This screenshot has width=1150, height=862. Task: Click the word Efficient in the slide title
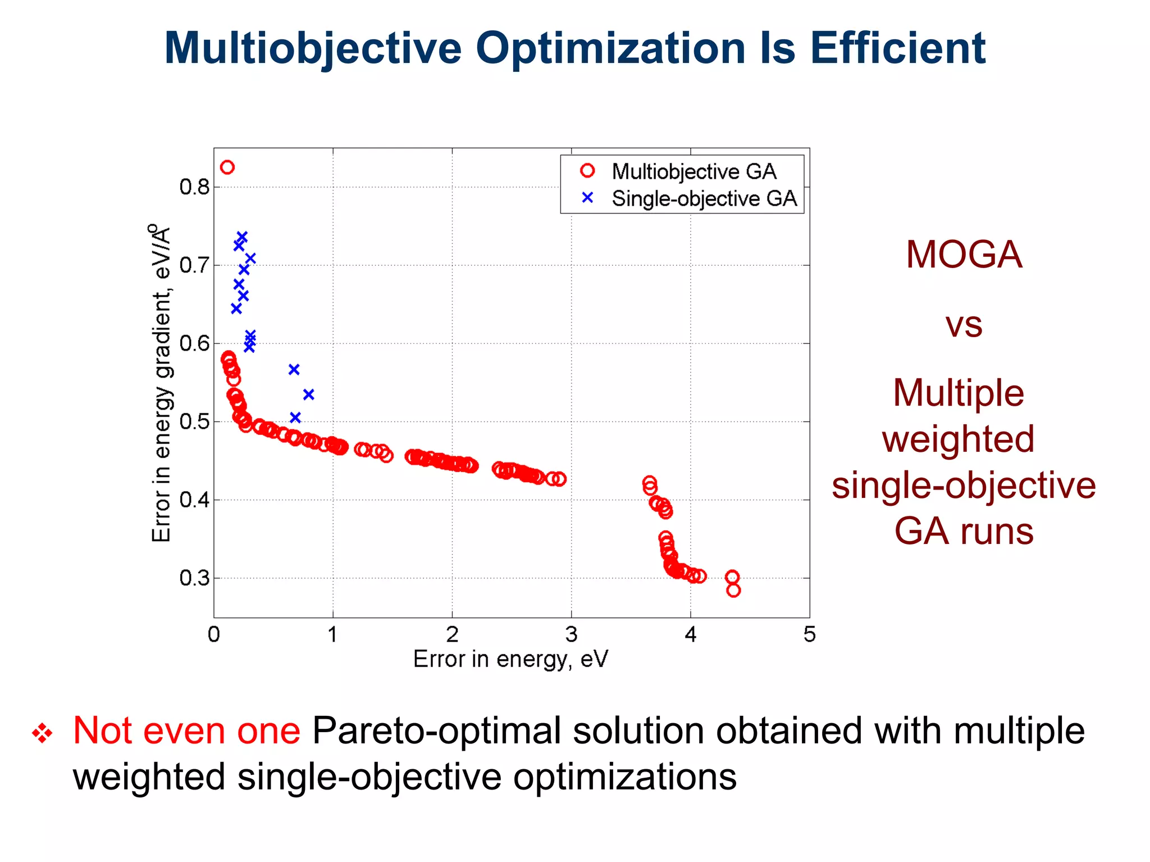pos(897,48)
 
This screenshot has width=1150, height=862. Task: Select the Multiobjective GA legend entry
pos(693,171)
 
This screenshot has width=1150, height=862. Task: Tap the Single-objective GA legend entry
pos(704,198)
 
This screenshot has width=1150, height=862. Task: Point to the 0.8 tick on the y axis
pos(194,187)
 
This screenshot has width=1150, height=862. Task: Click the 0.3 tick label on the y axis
pos(194,578)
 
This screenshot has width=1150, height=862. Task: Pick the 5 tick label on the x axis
pos(809,634)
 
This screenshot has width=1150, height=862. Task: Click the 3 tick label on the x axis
pos(571,634)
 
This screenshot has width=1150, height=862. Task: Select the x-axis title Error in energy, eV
pos(510,659)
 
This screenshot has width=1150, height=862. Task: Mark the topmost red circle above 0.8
pos(227,167)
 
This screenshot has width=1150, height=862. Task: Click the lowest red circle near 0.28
pos(733,590)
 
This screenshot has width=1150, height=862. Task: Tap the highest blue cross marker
pos(242,237)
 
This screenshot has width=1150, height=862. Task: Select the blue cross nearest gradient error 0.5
pos(295,417)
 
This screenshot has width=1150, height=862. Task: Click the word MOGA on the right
pos(964,255)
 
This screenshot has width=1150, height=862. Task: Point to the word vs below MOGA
pos(964,325)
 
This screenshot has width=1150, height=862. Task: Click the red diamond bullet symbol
pos(42,733)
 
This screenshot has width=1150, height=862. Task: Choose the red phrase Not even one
pos(186,731)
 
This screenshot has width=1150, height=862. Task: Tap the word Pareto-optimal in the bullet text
pos(436,731)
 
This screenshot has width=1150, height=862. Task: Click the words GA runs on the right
pos(964,531)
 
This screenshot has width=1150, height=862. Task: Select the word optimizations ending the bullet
pos(624,777)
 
